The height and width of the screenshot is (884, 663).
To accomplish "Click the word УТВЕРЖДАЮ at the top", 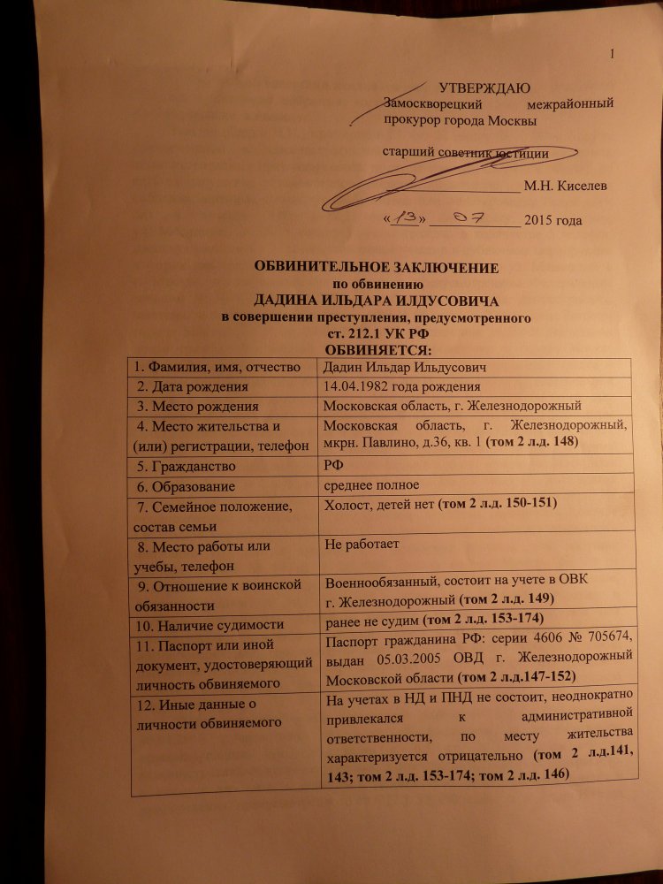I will pyautogui.click(x=484, y=88).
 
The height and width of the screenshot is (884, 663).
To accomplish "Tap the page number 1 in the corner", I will pyautogui.click(x=611, y=56).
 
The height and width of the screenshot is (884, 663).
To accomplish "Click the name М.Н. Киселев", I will pyautogui.click(x=565, y=186).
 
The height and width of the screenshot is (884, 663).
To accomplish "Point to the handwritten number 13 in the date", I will pyautogui.click(x=406, y=218).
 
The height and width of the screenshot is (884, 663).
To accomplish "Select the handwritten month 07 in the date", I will pyautogui.click(x=476, y=217).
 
